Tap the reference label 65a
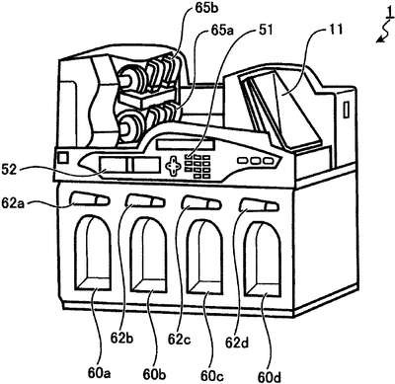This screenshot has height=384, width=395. (x=222, y=31)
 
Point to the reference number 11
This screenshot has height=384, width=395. (x=334, y=30)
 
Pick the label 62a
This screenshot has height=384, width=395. (x=14, y=201)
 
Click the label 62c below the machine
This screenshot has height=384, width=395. (x=179, y=340)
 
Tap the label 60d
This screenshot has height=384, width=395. (x=270, y=377)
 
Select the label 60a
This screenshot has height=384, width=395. (x=99, y=373)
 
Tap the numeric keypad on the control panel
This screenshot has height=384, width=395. (x=197, y=166)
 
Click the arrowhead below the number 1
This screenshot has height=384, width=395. (x=381, y=40)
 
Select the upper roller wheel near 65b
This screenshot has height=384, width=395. (x=130, y=79)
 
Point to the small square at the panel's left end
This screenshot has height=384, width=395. (x=62, y=157)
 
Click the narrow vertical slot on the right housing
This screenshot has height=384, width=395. (x=347, y=110)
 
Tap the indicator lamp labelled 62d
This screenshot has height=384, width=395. (x=259, y=205)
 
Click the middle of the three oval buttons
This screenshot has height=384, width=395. (x=256, y=161)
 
